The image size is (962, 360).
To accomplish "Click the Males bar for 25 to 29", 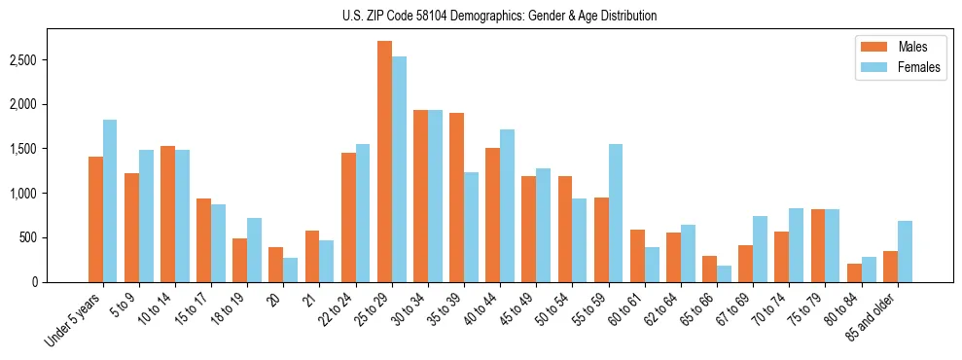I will point(384,162).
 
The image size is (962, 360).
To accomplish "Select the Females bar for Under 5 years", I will point(110,201).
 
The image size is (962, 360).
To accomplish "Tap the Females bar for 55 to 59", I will point(616,213).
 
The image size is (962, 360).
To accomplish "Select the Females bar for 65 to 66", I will point(725,273).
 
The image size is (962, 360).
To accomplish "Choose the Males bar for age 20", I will point(276,265).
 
